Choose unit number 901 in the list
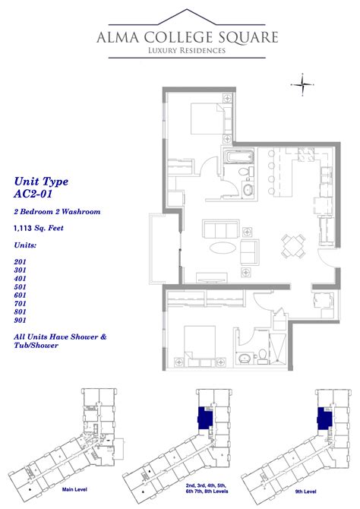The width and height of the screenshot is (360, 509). [x=21, y=321]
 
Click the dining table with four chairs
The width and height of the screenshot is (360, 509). [x=292, y=245]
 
